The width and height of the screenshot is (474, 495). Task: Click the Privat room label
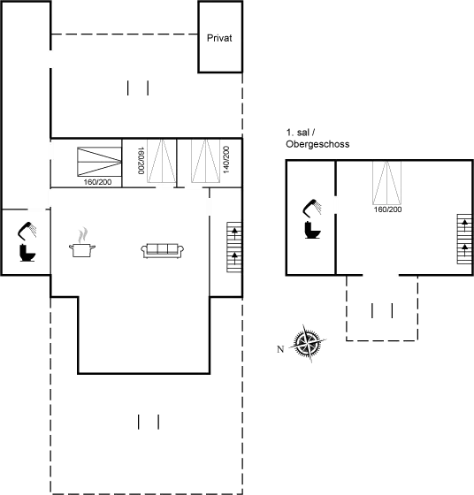click(219, 38)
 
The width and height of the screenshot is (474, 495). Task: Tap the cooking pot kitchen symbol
click(82, 242)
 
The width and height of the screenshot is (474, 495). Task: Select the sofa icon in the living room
click(163, 251)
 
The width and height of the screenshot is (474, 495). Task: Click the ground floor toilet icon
click(27, 253)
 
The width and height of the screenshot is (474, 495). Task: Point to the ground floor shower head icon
click(27, 230)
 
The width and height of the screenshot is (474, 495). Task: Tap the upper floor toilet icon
click(313, 230)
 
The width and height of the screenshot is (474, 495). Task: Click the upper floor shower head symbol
click(313, 208)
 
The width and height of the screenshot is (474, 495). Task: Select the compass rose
click(308, 343)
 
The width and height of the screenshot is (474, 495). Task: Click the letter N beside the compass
click(280, 349)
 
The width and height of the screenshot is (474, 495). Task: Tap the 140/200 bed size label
click(226, 159)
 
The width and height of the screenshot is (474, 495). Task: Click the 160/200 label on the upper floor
click(387, 209)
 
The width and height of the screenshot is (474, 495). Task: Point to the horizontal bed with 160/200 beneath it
click(99, 162)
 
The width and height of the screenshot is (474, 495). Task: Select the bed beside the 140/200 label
click(205, 161)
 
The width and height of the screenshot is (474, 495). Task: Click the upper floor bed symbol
click(386, 183)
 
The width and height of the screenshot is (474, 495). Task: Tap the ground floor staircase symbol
click(234, 247)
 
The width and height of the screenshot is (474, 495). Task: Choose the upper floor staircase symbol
click(464, 239)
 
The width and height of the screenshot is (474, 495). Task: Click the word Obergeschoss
click(317, 144)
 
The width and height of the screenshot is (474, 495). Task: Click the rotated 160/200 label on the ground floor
click(141, 160)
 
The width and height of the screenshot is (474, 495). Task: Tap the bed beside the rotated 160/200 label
click(162, 161)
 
